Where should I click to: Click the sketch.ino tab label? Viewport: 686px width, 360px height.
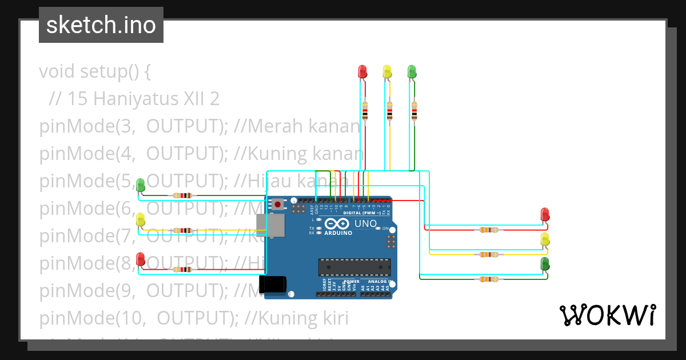coord(101,25)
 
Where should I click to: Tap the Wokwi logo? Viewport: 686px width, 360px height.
coord(607,315)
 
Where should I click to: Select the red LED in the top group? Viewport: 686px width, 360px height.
coord(362,71)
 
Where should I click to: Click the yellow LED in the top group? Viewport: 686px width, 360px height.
coord(387,71)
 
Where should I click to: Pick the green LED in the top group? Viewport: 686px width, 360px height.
coord(412,71)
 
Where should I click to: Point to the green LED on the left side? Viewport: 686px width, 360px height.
coord(141,185)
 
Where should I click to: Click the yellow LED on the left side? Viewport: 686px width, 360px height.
coord(141,220)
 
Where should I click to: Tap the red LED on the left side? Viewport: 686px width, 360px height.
coord(141,259)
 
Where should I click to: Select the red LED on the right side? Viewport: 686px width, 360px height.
coord(545,215)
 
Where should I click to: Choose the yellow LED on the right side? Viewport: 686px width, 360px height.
coord(545,239)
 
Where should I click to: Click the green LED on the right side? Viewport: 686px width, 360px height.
coord(545,264)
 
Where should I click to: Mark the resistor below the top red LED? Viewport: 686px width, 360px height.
coord(365,111)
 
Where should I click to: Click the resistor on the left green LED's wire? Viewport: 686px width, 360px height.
coord(182,195)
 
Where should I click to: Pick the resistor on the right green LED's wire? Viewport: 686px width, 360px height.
coord(488,279)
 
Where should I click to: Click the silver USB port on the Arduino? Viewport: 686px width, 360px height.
coord(270,226)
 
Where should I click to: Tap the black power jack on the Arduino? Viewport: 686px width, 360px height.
coord(272,285)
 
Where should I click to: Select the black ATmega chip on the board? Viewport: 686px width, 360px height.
coord(354,267)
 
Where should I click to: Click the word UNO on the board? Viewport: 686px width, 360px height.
coord(366,223)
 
